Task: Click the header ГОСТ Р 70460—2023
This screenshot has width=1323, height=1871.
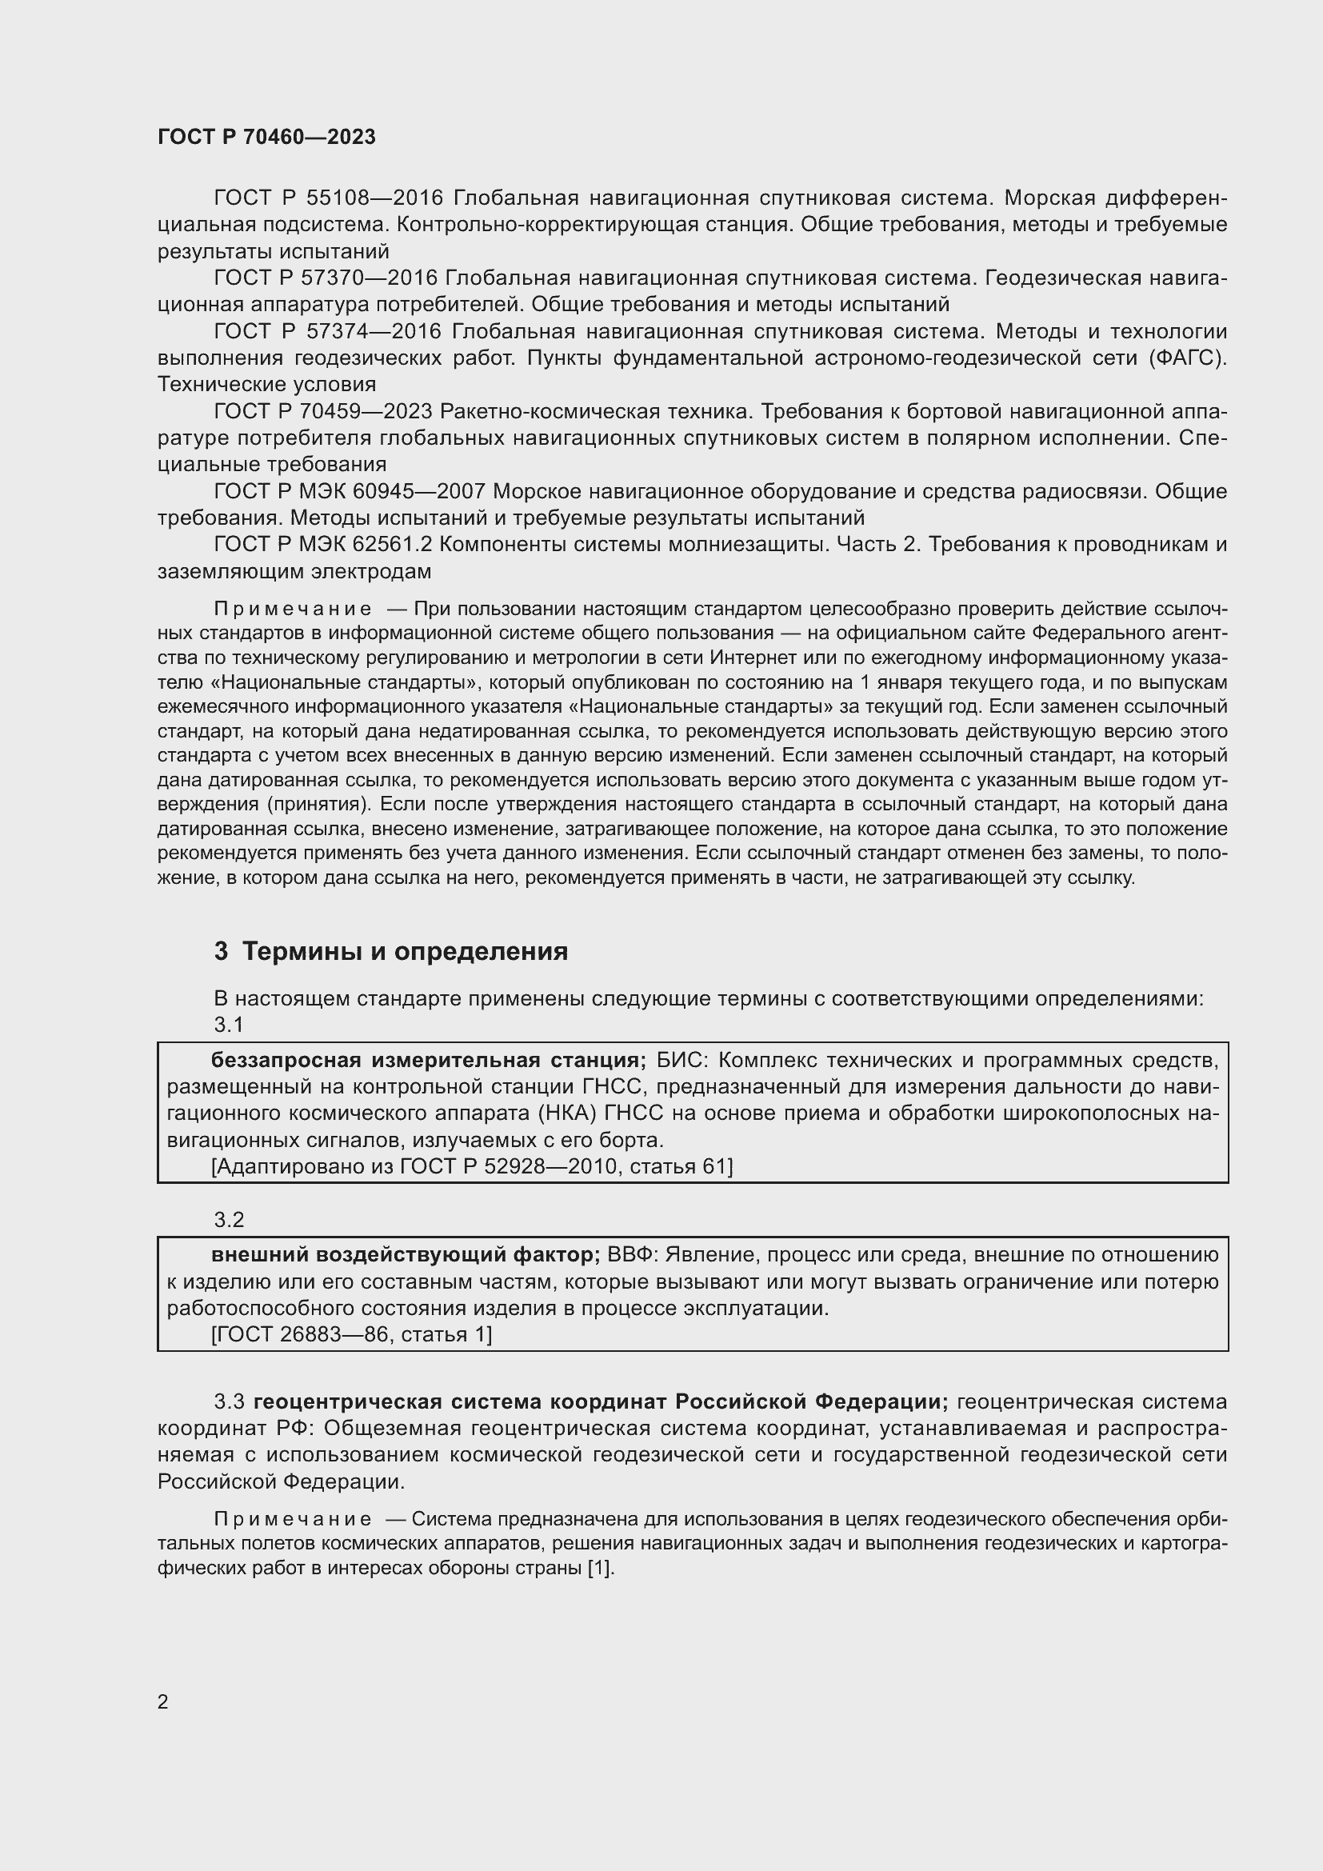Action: pyautogui.click(x=266, y=137)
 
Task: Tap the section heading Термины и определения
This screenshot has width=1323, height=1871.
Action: pyautogui.click(x=405, y=951)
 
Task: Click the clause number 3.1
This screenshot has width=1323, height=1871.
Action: pyautogui.click(x=229, y=1025)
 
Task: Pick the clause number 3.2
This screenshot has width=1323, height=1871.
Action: pyautogui.click(x=229, y=1219)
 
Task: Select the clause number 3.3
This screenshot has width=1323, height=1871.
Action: pyautogui.click(x=229, y=1401)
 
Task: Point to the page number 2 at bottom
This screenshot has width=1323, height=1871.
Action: pyautogui.click(x=163, y=1701)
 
